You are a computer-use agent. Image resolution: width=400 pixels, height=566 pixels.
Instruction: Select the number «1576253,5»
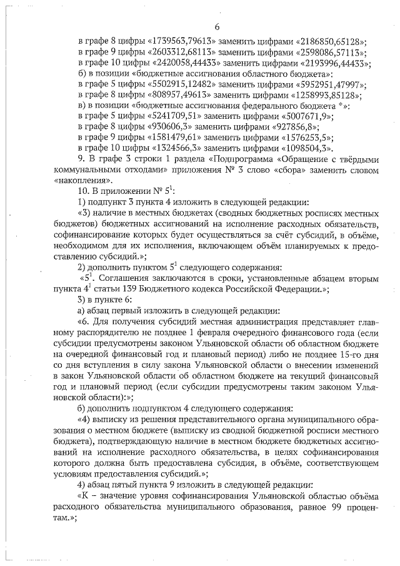click(x=304, y=136)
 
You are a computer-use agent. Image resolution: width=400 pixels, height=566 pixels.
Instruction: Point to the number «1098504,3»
click(x=308, y=146)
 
